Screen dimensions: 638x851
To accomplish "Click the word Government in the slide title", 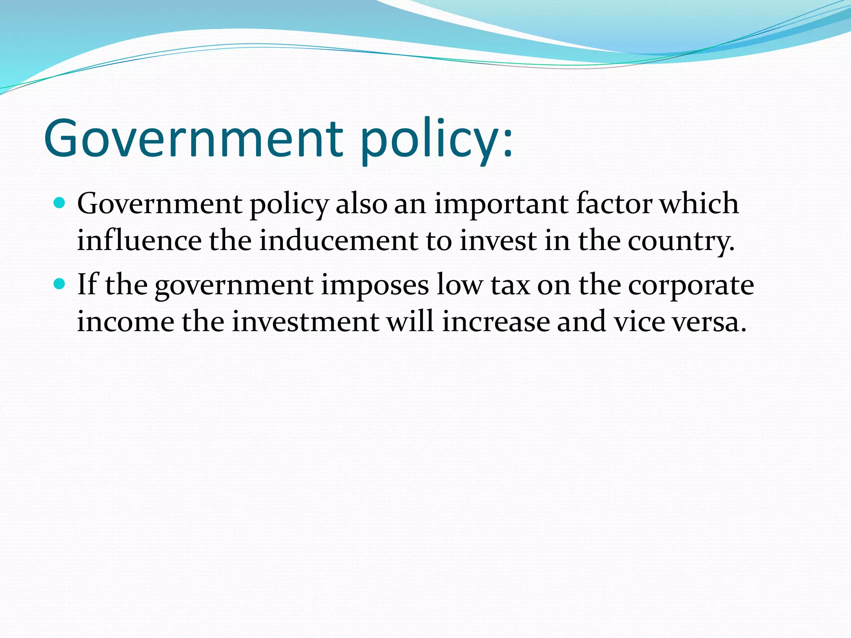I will (x=193, y=138).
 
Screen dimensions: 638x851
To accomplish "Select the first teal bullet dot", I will (x=60, y=203).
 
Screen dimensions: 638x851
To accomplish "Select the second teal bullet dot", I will (x=60, y=284).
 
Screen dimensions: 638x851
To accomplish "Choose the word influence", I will (x=139, y=240).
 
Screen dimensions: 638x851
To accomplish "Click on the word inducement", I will (x=339, y=240).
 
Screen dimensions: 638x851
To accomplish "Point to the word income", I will (x=125, y=322).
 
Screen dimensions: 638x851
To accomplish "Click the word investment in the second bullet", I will (x=305, y=322).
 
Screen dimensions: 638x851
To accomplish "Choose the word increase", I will (x=496, y=322).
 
